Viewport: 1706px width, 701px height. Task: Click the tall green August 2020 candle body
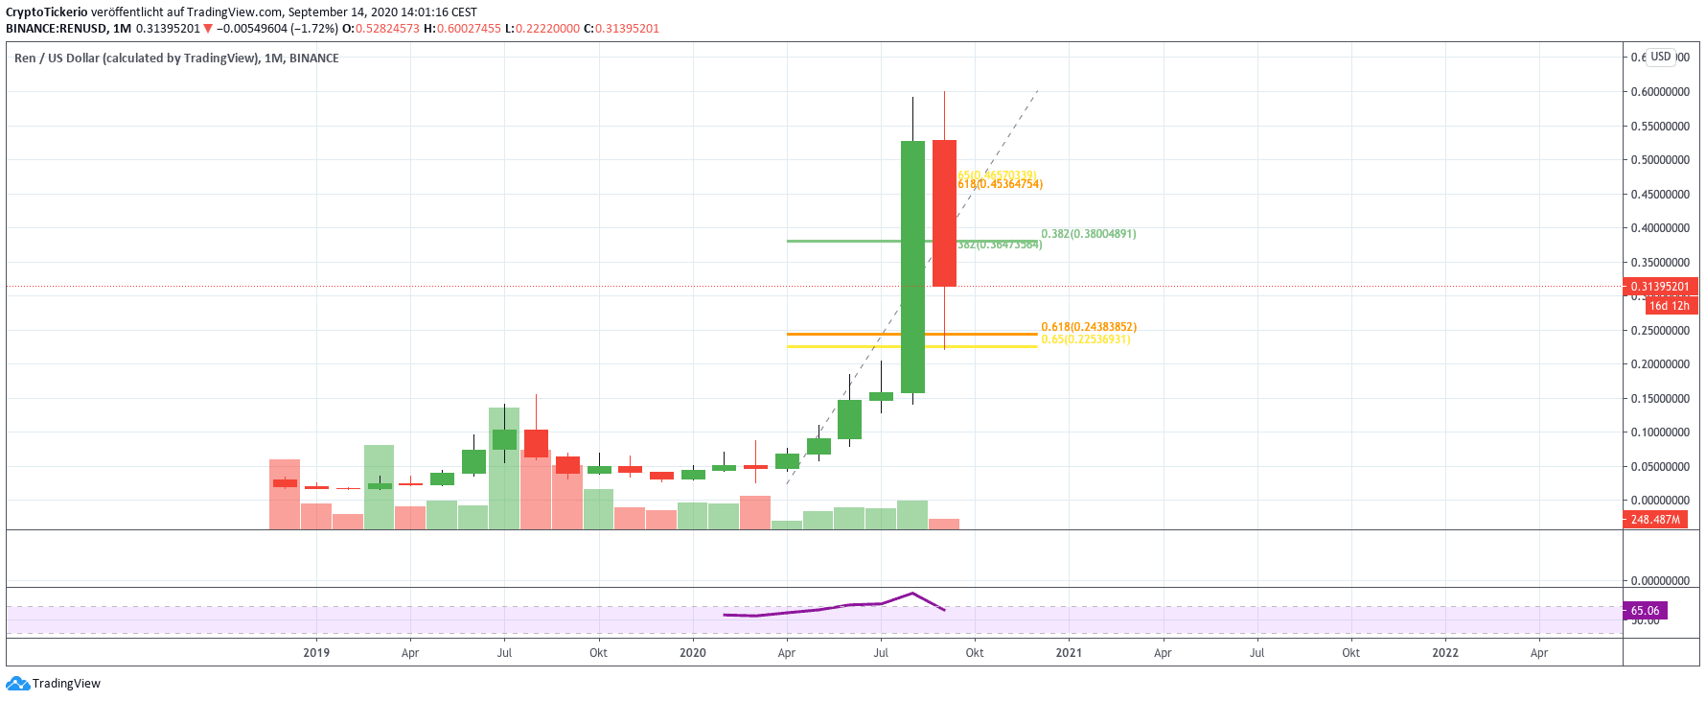tap(912, 267)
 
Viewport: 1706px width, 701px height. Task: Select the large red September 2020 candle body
tap(944, 213)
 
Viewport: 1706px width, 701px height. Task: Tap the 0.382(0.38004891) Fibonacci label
tap(1088, 234)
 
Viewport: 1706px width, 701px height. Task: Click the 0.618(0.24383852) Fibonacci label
tap(1088, 327)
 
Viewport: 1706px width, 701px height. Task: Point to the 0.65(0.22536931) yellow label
tap(1085, 339)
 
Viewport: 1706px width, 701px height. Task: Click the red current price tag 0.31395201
tap(1659, 287)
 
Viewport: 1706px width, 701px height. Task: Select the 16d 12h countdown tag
tap(1669, 306)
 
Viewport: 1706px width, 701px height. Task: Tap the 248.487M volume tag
tap(1655, 520)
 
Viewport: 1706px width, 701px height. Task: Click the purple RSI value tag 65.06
tap(1645, 611)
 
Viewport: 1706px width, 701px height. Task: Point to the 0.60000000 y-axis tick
tap(1660, 92)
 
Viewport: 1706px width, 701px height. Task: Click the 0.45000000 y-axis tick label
tap(1660, 195)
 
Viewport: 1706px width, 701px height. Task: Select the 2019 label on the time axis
tap(316, 653)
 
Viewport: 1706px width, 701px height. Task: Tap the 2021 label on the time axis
tap(1069, 653)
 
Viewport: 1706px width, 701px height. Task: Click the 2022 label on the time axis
tap(1444, 653)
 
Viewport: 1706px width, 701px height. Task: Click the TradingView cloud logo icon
tap(17, 684)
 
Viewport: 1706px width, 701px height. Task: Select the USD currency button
tap(1660, 57)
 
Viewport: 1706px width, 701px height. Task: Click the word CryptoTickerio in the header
tap(47, 12)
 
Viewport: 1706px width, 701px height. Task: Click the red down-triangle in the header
tap(208, 29)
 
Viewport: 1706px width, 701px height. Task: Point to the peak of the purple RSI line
tap(912, 593)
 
